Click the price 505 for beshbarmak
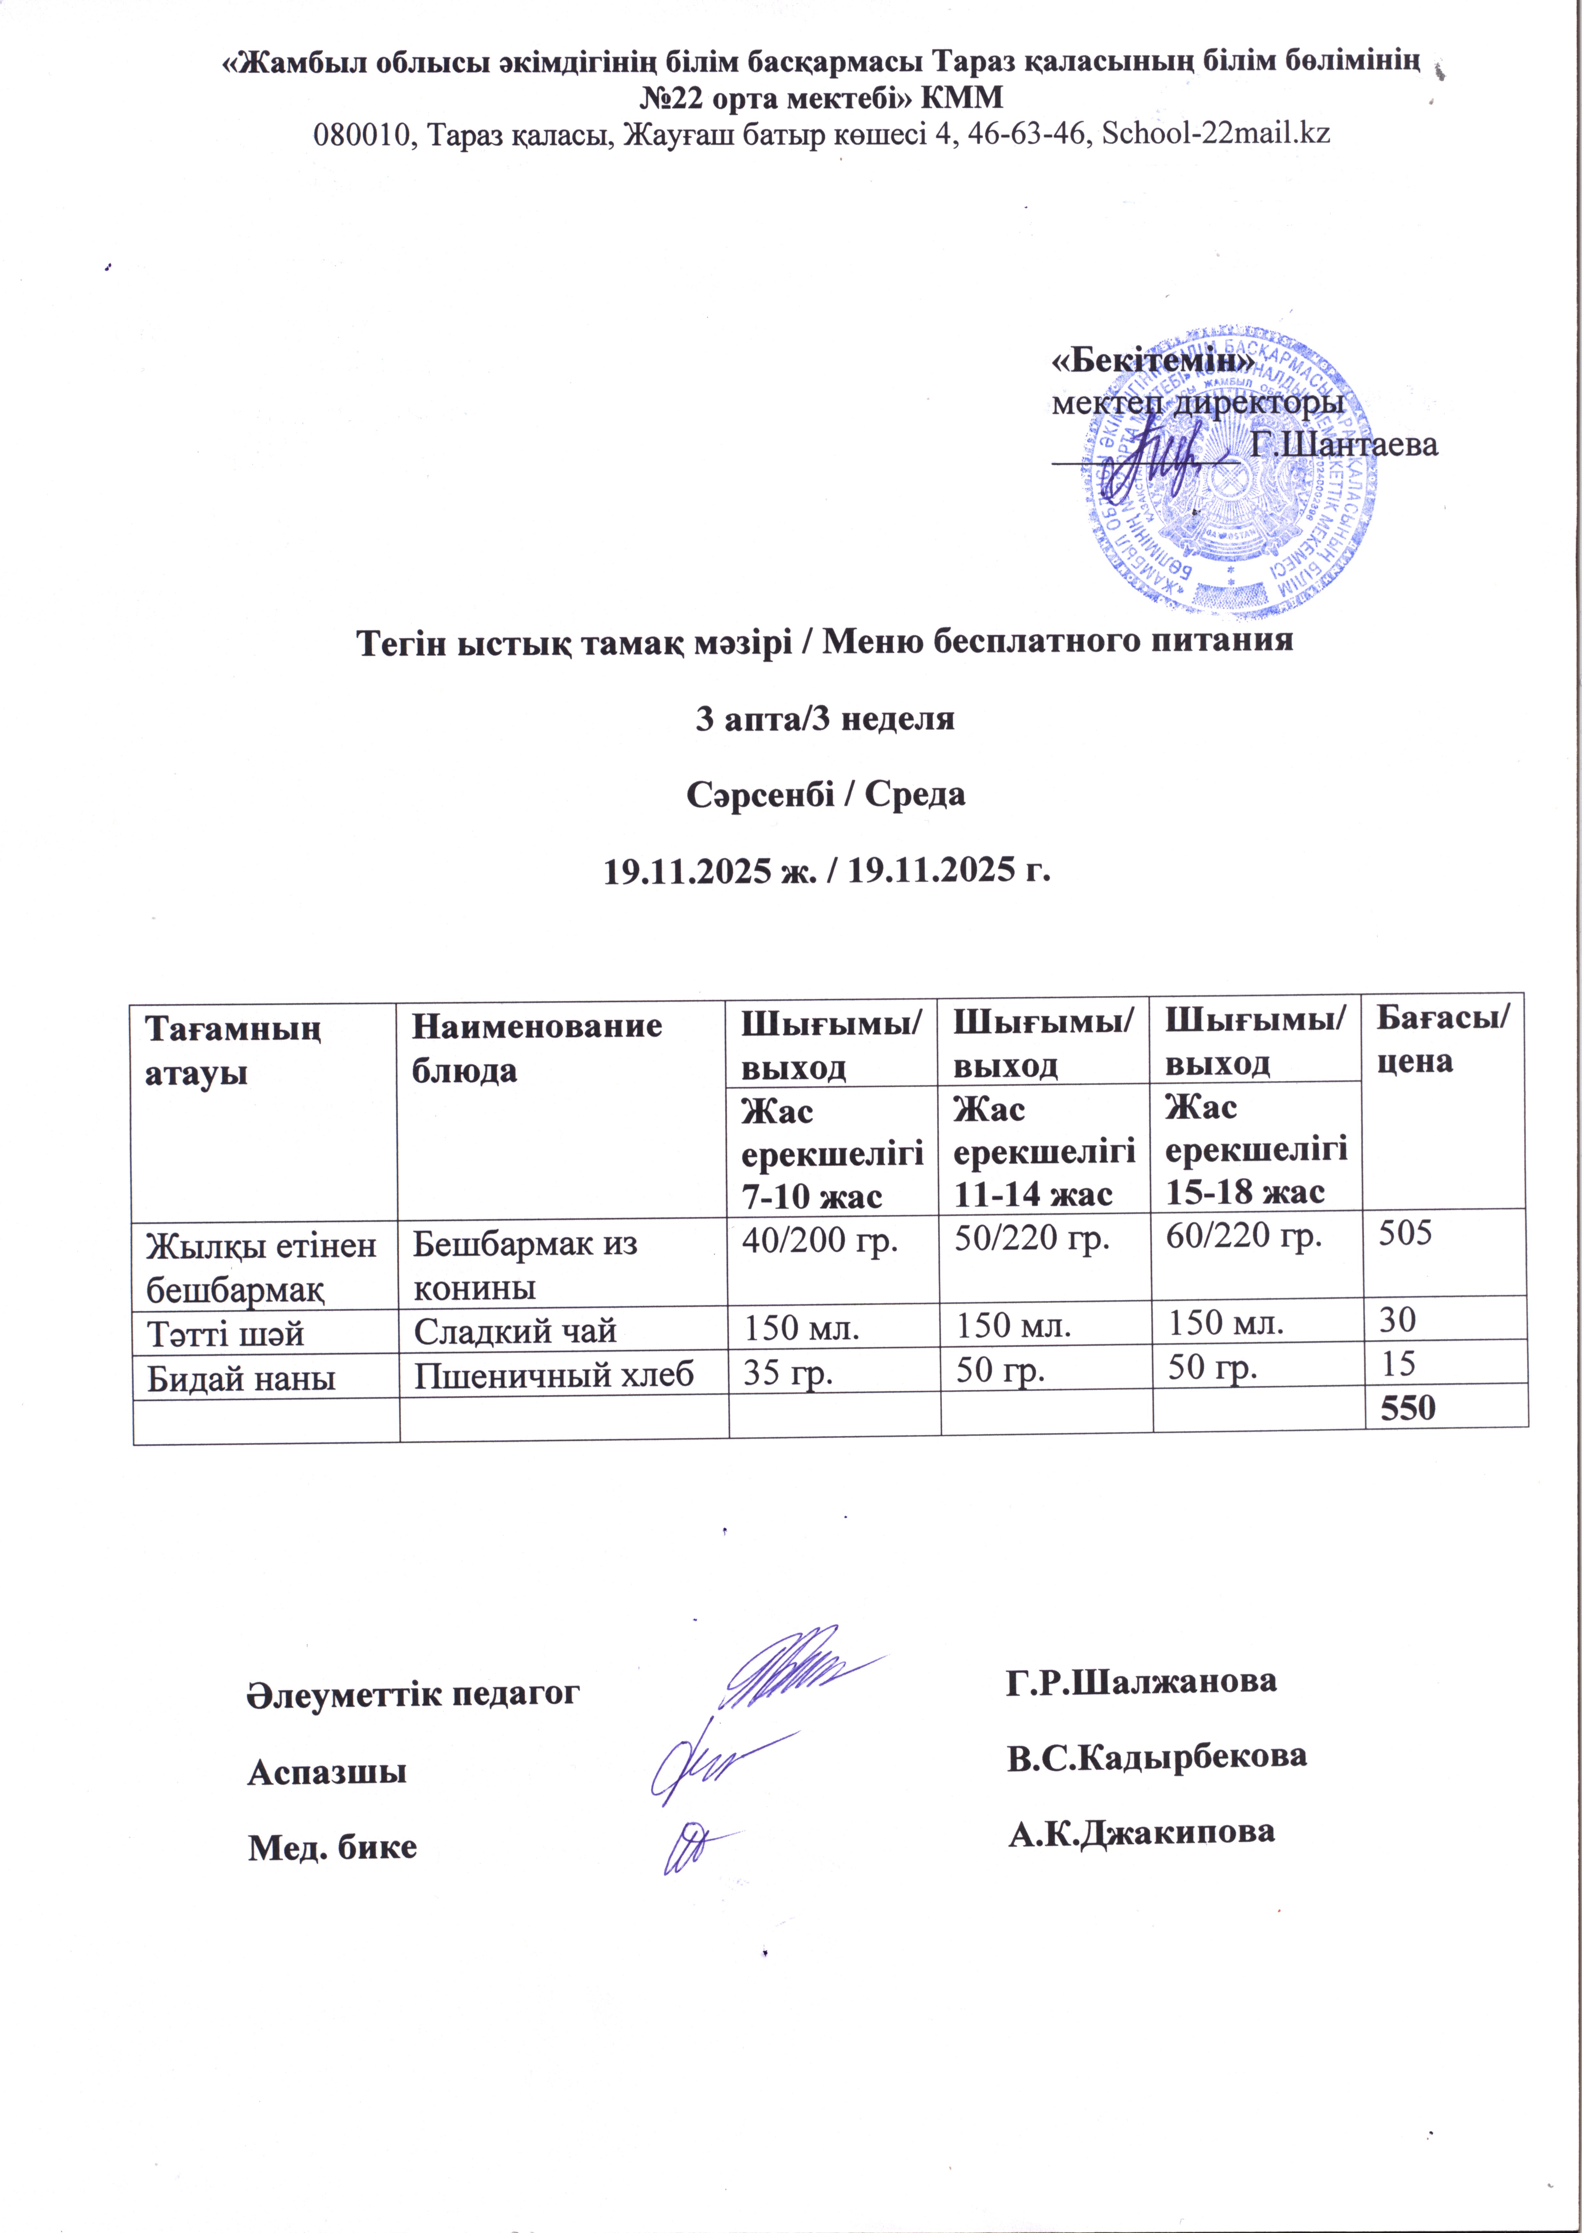point(1404,1234)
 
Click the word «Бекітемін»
point(1152,360)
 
